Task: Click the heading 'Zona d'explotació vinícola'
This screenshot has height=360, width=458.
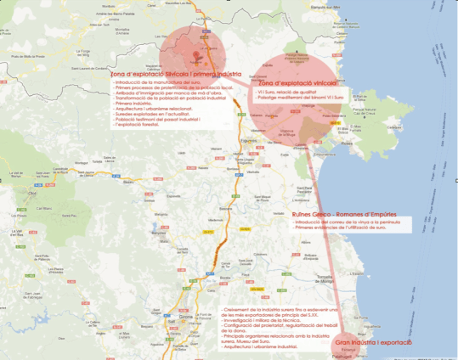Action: pos(298,83)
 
